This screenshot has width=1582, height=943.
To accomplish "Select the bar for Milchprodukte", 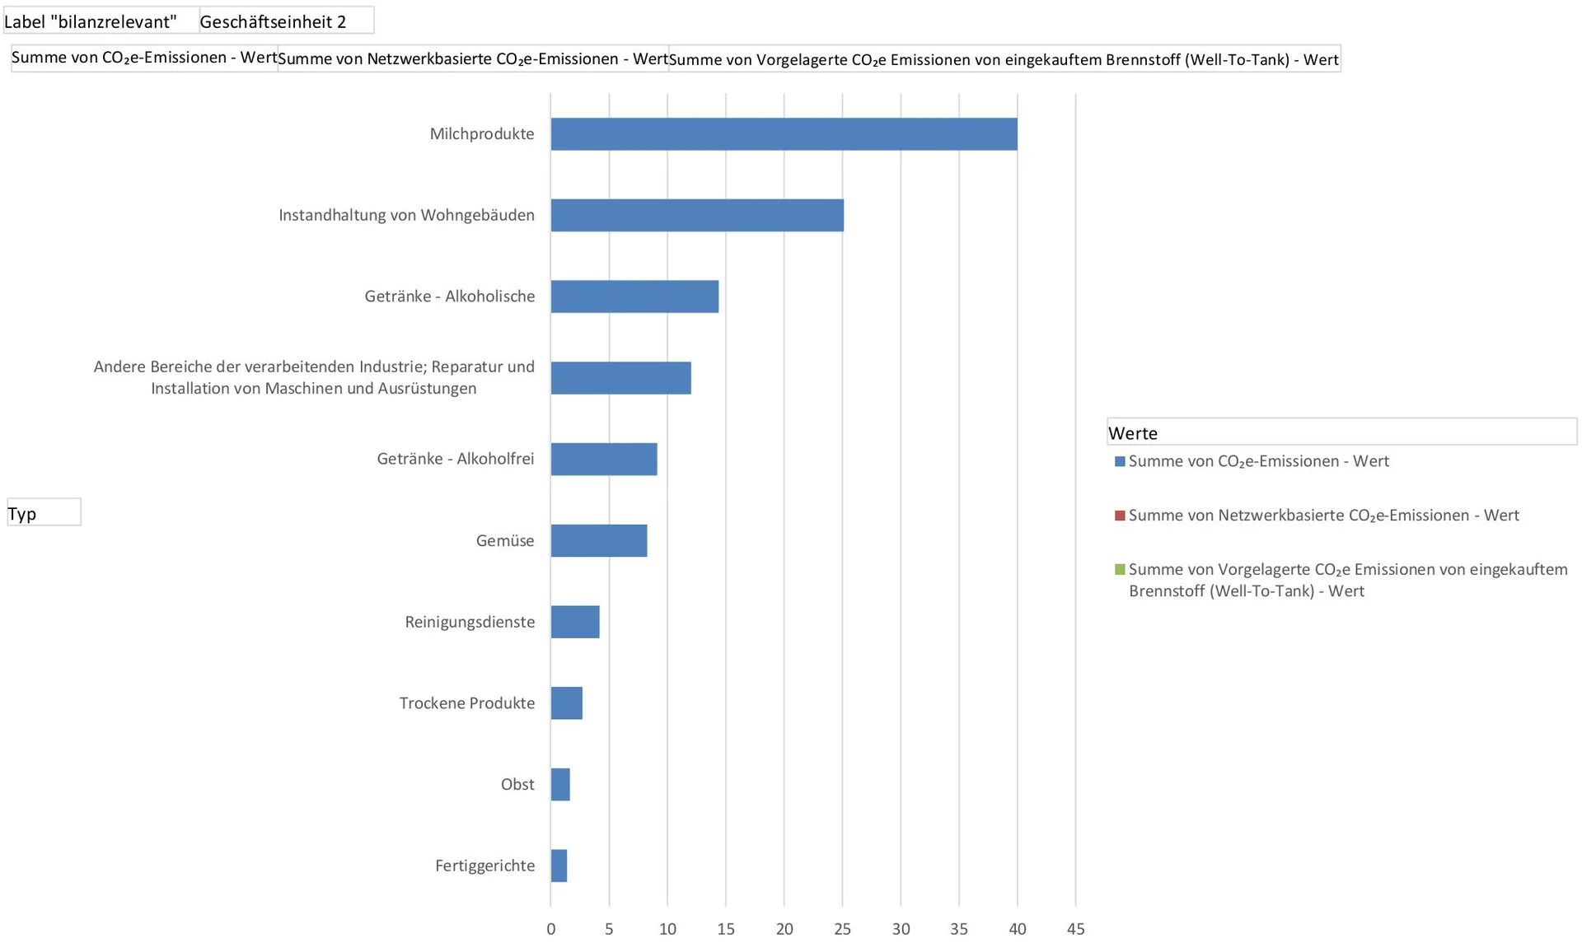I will (x=784, y=134).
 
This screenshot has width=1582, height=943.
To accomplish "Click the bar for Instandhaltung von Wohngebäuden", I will (x=697, y=215).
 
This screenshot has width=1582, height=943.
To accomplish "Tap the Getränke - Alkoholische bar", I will (x=634, y=296).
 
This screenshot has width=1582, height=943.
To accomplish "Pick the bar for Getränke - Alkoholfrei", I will (x=604, y=459).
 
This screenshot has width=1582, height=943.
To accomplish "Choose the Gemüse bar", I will (x=599, y=540).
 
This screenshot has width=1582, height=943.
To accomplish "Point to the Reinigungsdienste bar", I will (x=575, y=622).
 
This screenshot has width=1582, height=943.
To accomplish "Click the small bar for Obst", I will (x=560, y=784).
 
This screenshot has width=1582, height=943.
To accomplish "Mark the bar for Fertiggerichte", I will (x=559, y=866).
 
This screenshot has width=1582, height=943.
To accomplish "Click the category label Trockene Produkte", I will (x=466, y=703).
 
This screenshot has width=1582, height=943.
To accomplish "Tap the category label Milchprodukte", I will (x=481, y=134).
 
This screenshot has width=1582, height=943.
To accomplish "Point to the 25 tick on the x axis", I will (x=842, y=929).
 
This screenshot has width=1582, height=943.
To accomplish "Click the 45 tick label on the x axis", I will (x=1075, y=929).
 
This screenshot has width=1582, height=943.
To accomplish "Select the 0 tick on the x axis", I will (x=550, y=929).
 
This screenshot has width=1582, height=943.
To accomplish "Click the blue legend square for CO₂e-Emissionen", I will (x=1120, y=461).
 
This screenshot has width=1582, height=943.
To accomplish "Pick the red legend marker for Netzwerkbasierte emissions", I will (x=1120, y=516).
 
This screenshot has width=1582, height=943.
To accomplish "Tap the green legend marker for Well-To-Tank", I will (x=1120, y=569).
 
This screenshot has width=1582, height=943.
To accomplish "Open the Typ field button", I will (x=44, y=512).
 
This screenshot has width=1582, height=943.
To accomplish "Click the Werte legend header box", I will (x=1341, y=432).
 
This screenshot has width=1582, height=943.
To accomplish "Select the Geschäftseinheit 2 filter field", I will (x=286, y=21).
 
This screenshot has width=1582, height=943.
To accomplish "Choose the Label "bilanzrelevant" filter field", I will (x=101, y=21).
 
